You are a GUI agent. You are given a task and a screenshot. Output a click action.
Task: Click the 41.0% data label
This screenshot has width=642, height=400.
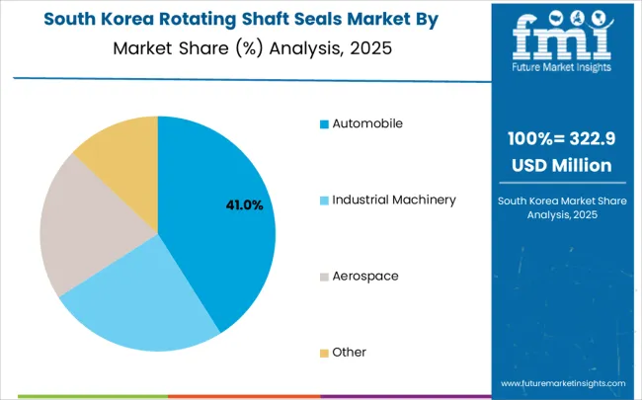(x=245, y=205)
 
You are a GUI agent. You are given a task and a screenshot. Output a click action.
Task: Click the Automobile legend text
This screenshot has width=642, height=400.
(x=367, y=123)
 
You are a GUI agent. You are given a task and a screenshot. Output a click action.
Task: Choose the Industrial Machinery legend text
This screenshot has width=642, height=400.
(x=393, y=200)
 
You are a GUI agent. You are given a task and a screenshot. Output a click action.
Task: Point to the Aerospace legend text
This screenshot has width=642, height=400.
(x=364, y=276)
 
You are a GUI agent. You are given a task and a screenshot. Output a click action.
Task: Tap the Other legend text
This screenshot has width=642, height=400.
(x=350, y=352)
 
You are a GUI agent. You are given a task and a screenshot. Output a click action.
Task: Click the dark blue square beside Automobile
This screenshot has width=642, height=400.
(x=324, y=124)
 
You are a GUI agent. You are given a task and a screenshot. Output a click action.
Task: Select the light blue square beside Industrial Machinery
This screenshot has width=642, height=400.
(x=324, y=200)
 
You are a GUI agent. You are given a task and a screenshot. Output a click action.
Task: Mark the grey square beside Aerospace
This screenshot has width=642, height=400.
(x=324, y=277)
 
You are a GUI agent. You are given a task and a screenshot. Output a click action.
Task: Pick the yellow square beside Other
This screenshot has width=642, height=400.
(x=324, y=353)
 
